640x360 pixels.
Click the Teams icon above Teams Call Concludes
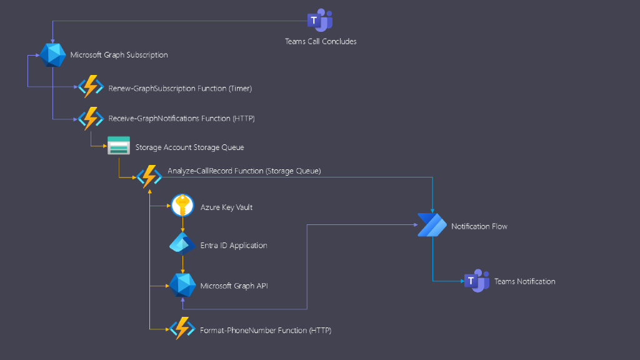point(320,21)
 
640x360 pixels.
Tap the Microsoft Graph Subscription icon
point(53,55)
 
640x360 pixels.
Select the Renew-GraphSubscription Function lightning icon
point(90,88)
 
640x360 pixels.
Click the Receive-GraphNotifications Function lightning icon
point(90,118)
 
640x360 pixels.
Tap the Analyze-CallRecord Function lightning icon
point(149,177)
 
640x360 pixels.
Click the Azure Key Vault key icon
point(182,206)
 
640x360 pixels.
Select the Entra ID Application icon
point(182,245)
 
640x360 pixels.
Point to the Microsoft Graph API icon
point(182,286)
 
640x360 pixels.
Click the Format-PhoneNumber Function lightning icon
point(182,328)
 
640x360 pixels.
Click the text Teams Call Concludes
point(321,41)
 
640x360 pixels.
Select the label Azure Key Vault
point(226,207)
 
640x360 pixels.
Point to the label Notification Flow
point(479,226)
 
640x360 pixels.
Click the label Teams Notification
point(524,281)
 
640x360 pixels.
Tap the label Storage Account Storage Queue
point(189,147)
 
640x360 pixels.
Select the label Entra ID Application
point(234,246)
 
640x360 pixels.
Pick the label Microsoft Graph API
point(234,286)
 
